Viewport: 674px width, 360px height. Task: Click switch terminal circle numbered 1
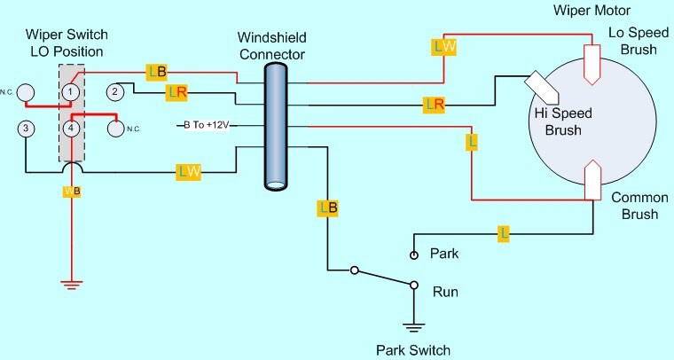click(69, 91)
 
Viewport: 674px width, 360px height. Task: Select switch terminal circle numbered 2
click(114, 91)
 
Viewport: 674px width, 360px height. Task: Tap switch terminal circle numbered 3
click(27, 129)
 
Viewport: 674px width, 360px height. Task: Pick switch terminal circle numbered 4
click(69, 129)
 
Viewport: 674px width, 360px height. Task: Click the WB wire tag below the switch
click(71, 192)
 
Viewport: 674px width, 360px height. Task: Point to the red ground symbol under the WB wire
click(70, 284)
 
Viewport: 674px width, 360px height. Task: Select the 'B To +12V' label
click(206, 125)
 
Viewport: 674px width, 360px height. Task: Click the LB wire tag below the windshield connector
click(327, 208)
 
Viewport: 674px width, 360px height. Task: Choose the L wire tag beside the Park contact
click(504, 233)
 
